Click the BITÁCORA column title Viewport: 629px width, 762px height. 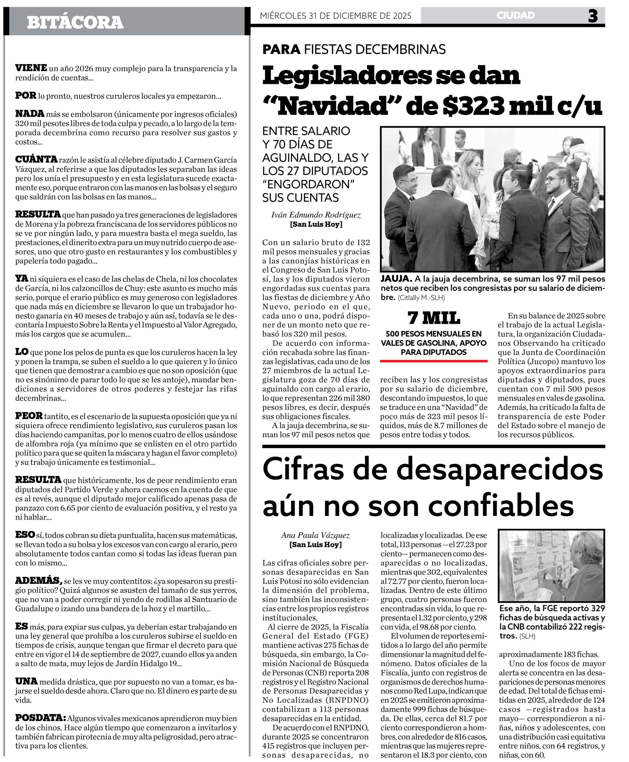pyautogui.click(x=75, y=22)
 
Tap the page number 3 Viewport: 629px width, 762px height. pyautogui.click(x=593, y=16)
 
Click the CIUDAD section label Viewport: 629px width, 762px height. pyautogui.click(x=515, y=15)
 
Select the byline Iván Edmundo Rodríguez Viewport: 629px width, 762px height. pyautogui.click(x=316, y=215)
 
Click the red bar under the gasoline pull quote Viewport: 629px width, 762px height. pyautogui.click(x=434, y=361)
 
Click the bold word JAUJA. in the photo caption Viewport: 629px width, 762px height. pyautogui.click(x=396, y=279)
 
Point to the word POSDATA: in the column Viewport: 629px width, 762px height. pyautogui.click(x=40, y=717)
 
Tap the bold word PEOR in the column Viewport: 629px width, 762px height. pyautogui.click(x=29, y=416)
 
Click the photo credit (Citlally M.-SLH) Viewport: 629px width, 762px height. pyautogui.click(x=421, y=298)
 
